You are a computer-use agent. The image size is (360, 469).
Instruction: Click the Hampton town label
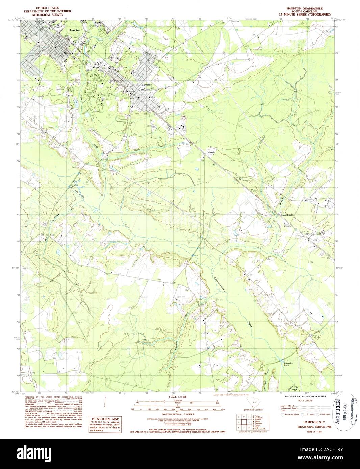click(74, 30)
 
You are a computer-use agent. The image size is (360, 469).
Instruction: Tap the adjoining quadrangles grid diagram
click(244, 421)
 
